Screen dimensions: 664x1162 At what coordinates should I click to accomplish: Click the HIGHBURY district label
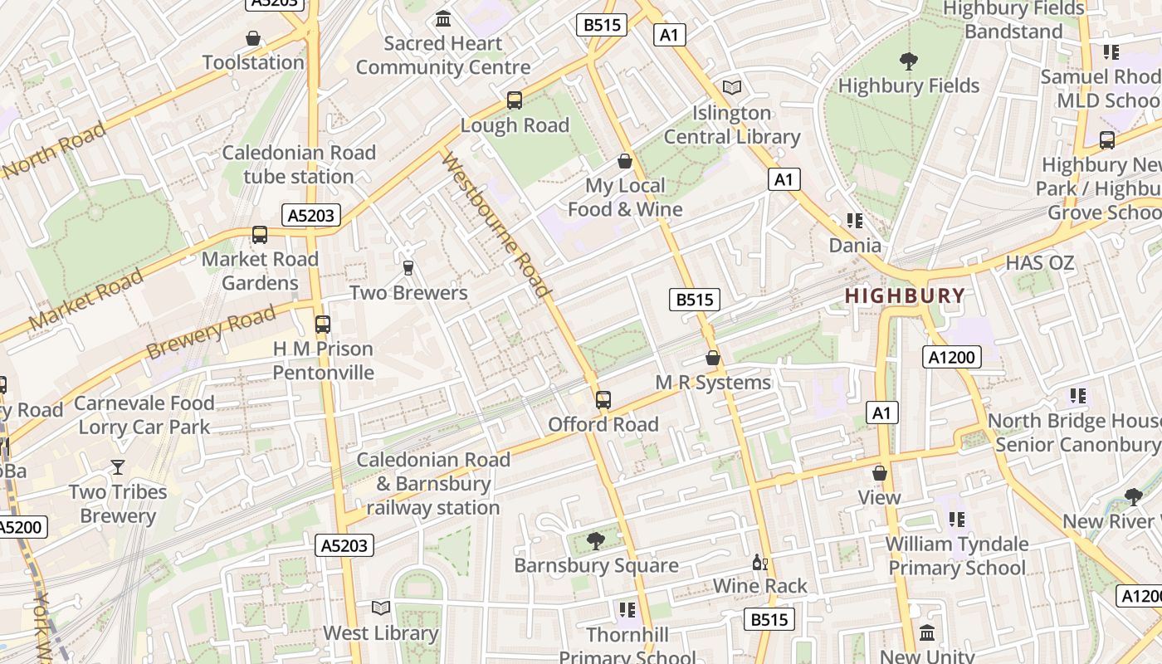(x=905, y=295)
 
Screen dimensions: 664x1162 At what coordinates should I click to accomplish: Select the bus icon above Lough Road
(x=515, y=100)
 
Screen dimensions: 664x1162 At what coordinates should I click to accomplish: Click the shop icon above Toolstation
(x=253, y=38)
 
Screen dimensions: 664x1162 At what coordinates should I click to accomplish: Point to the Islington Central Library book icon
(x=731, y=87)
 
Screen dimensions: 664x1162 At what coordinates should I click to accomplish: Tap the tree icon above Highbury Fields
(x=909, y=61)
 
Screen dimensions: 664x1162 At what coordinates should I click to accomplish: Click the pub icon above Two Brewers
(x=408, y=267)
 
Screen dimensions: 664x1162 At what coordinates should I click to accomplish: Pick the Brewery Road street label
(x=211, y=332)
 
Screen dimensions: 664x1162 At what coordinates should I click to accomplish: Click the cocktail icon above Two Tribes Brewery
(x=118, y=467)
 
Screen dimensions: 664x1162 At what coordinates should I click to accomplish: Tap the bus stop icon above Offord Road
(x=603, y=400)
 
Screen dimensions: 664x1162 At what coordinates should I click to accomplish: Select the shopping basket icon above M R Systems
(x=712, y=358)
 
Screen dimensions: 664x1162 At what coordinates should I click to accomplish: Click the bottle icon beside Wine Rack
(x=759, y=563)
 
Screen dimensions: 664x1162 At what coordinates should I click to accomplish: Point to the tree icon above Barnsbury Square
(x=595, y=541)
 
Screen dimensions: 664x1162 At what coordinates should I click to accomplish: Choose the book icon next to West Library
(x=380, y=608)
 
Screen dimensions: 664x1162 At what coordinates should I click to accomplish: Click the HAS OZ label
(x=1039, y=264)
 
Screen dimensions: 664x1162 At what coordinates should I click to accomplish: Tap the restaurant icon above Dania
(x=855, y=221)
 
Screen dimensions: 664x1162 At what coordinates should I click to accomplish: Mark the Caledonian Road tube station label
(x=299, y=164)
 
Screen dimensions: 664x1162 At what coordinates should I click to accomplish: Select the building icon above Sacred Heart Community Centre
(x=443, y=18)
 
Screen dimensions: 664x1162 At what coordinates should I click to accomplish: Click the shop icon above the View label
(x=879, y=473)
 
